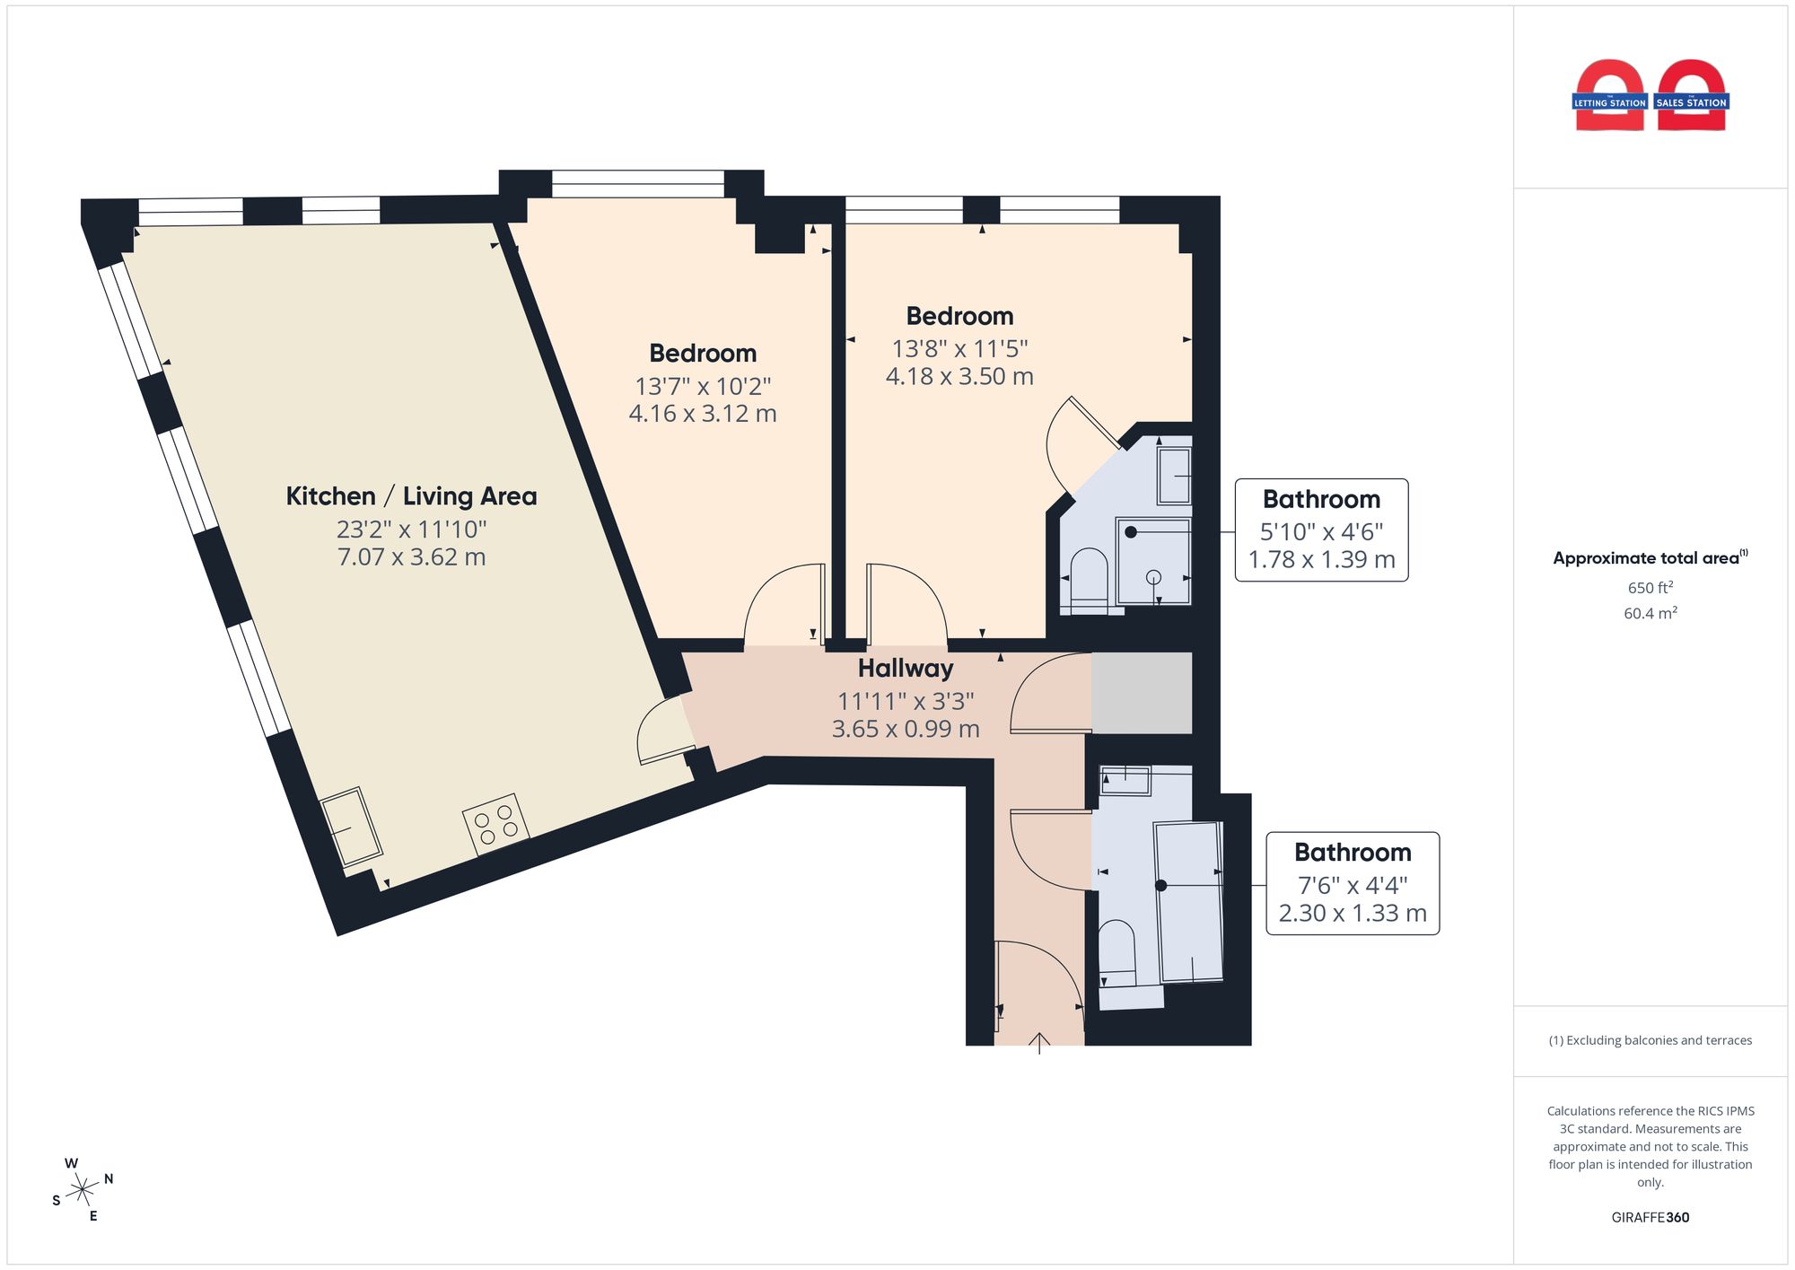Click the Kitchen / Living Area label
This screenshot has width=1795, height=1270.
click(411, 496)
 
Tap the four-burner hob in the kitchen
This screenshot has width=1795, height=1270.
click(496, 824)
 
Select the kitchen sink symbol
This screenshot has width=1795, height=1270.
click(351, 827)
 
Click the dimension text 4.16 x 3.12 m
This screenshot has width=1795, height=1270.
click(703, 414)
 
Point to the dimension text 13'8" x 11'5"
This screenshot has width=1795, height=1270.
click(959, 348)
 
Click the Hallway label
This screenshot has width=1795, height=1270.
click(906, 669)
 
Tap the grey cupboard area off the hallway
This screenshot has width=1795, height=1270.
click(1142, 693)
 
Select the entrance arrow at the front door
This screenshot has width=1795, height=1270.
click(1039, 1043)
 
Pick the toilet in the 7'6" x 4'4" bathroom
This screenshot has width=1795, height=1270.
click(1117, 955)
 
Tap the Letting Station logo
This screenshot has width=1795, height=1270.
click(1610, 96)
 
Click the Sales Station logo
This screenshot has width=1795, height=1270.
click(1692, 95)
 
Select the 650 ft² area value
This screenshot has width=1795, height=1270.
click(1651, 588)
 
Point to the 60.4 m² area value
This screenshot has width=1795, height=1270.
click(1651, 613)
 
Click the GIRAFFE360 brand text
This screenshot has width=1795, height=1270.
click(1651, 1218)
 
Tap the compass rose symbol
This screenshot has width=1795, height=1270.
click(83, 1190)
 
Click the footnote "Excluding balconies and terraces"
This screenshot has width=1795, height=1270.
click(1659, 1040)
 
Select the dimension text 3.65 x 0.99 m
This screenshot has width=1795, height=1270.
click(906, 729)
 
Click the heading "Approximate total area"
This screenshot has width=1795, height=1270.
click(1646, 558)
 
